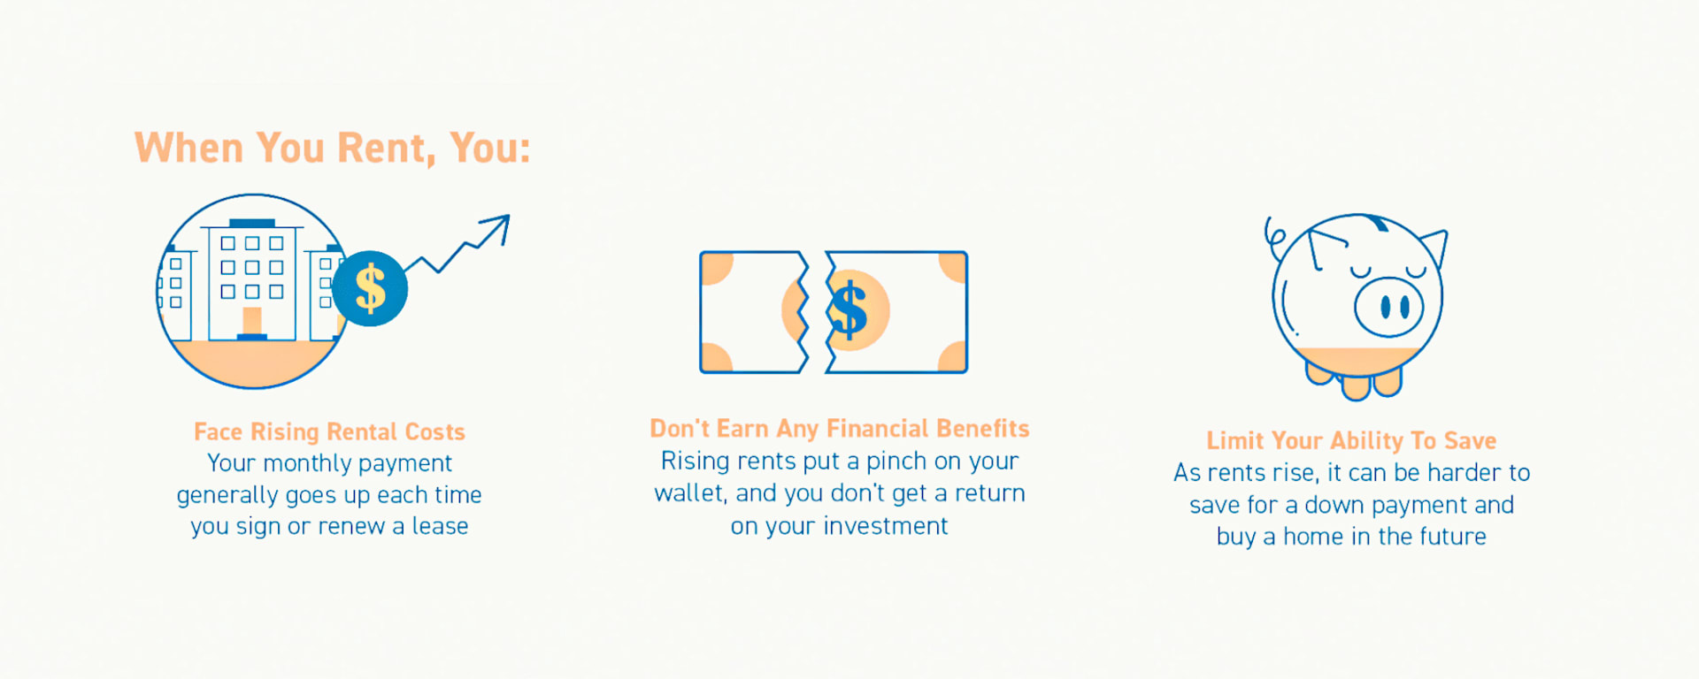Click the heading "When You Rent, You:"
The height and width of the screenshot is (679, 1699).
pyautogui.click(x=333, y=149)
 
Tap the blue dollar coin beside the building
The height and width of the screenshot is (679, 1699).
pyautogui.click(x=370, y=288)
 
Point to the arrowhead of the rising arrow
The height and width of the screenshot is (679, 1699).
pyautogui.click(x=498, y=226)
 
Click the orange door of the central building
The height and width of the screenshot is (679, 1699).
pyautogui.click(x=252, y=321)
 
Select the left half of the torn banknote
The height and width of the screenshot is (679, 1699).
pyautogui.click(x=754, y=312)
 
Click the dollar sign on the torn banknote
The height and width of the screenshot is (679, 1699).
pyautogui.click(x=849, y=310)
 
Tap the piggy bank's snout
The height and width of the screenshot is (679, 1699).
pyautogui.click(x=1389, y=307)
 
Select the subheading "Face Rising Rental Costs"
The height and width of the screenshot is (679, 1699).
pyautogui.click(x=329, y=431)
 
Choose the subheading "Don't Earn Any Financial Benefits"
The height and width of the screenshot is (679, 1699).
pyautogui.click(x=840, y=429)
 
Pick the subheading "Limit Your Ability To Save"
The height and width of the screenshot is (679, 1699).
pyautogui.click(x=1351, y=440)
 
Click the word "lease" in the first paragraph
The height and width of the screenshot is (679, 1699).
pyautogui.click(x=440, y=526)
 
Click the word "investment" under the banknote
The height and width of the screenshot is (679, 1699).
pyautogui.click(x=886, y=526)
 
